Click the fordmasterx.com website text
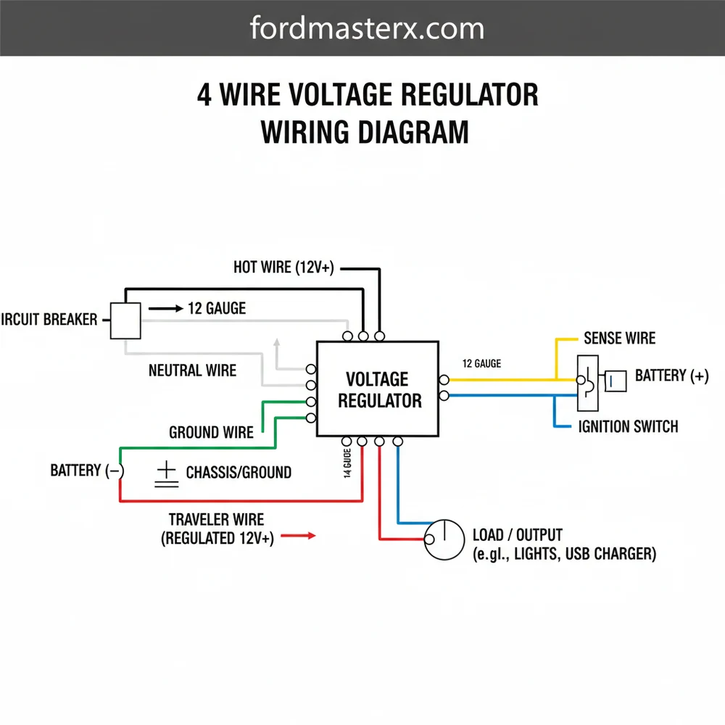coord(367,29)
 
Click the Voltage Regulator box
coord(377,389)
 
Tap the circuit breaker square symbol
coord(125,320)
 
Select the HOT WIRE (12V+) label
coord(283,268)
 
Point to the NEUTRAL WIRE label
coord(192,370)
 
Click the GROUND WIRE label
coord(211,433)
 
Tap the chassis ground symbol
coord(166,475)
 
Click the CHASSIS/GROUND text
coord(239,473)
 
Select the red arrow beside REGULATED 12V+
coord(298,536)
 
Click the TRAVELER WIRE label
coord(216,520)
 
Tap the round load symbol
coord(444,539)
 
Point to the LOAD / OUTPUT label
coord(517,535)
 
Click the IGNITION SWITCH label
coord(629,426)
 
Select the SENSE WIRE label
coord(619,339)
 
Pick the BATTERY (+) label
coord(671,376)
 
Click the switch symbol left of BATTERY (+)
coord(587,377)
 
